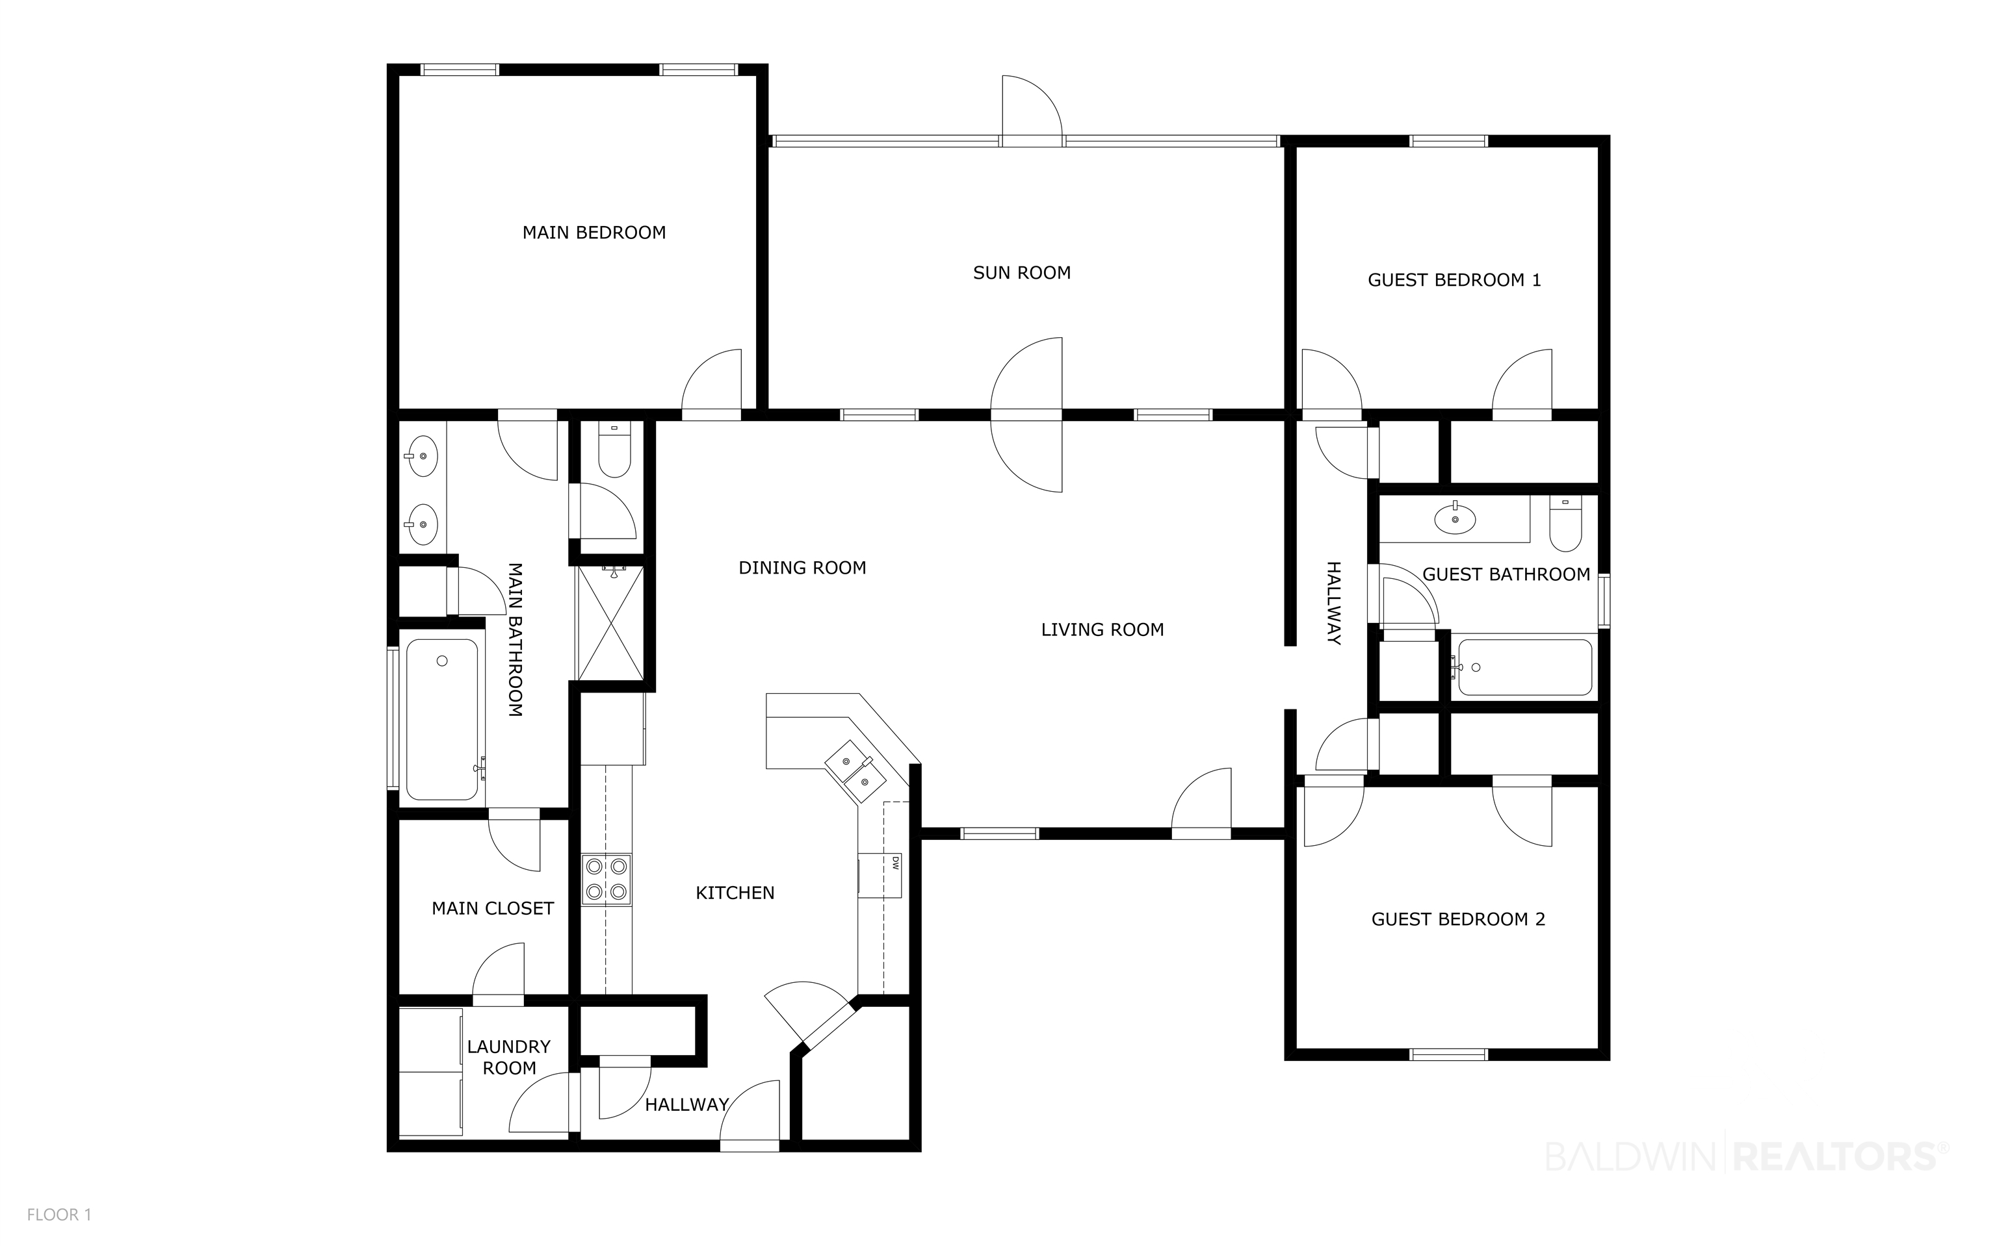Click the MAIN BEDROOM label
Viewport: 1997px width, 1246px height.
594,233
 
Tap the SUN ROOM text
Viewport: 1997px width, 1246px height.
1022,273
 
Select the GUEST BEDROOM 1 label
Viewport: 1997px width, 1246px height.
1454,280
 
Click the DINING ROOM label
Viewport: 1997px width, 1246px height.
802,568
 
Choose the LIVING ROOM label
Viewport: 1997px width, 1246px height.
1103,630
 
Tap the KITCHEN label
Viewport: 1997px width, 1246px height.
735,893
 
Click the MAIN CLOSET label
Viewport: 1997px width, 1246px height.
492,909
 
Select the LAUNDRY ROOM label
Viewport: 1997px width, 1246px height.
509,1058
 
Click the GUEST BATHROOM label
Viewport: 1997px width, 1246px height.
1506,575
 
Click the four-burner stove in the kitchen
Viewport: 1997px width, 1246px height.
606,880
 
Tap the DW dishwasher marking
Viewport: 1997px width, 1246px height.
894,863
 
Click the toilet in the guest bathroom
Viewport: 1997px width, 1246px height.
1565,524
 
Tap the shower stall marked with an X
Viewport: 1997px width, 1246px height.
610,623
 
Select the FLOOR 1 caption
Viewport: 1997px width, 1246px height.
59,1215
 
